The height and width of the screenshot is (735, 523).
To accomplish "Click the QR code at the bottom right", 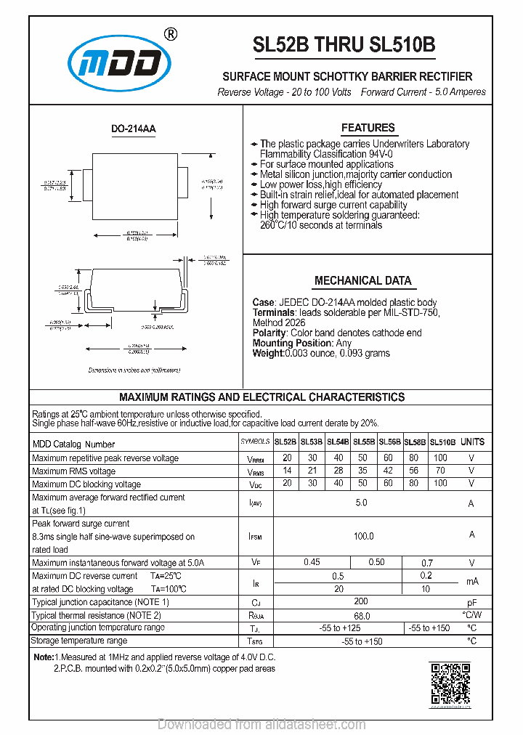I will click(450, 685).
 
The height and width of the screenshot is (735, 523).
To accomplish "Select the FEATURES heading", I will click(368, 128).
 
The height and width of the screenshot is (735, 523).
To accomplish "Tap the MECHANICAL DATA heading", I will click(362, 280).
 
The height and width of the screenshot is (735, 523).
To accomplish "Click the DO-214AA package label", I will click(133, 129).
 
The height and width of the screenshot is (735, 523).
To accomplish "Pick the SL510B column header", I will click(442, 442).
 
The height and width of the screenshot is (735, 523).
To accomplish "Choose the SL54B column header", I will click(338, 442).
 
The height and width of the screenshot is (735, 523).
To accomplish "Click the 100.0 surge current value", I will click(363, 536).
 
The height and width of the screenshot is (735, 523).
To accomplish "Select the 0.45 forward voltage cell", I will click(312, 562).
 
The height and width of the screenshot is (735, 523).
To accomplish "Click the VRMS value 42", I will click(388, 471).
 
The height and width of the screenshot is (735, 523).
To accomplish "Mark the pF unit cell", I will click(471, 603).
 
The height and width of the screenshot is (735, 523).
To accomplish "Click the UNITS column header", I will click(472, 442).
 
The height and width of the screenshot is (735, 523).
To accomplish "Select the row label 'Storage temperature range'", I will click(79, 641).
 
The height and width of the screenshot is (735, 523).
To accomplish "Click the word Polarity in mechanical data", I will click(269, 333).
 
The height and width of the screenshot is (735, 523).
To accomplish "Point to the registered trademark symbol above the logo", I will click(170, 33).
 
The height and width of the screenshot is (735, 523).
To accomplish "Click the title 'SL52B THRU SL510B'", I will click(344, 45).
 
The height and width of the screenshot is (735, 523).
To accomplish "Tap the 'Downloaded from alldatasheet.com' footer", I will click(261, 724).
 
